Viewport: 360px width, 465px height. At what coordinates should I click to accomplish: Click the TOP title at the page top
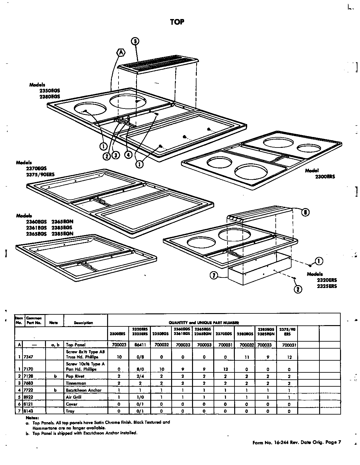[177, 22]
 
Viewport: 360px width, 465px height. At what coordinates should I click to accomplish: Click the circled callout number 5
[135, 41]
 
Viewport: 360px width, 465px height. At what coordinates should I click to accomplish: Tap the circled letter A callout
[121, 53]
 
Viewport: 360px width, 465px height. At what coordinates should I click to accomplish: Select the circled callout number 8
[305, 213]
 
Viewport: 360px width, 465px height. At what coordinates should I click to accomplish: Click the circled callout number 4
[128, 154]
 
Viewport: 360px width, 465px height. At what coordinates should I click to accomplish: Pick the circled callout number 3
[116, 155]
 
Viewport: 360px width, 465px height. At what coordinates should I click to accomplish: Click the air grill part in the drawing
[157, 65]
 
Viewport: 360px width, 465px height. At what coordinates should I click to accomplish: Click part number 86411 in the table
[139, 344]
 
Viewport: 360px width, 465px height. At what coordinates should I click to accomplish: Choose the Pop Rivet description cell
[75, 376]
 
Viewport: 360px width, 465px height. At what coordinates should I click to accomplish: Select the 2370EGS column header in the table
[224, 334]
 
